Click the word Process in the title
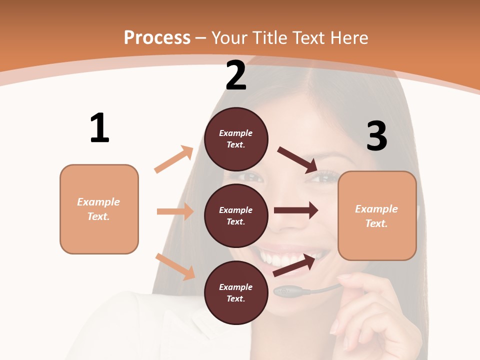tap(157, 37)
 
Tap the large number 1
tap(99, 128)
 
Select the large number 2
tap(236, 75)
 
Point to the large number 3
tap(376, 136)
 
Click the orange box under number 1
tap(99, 209)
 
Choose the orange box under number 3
tap(377, 215)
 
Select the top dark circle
tap(236, 139)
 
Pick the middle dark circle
tap(236, 215)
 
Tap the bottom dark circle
tap(236, 292)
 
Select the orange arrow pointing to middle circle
tap(175, 211)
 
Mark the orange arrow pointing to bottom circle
tap(175, 266)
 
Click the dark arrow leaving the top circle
tap(297, 159)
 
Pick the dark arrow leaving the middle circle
tap(296, 210)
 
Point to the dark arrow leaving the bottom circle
tap(294, 264)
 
